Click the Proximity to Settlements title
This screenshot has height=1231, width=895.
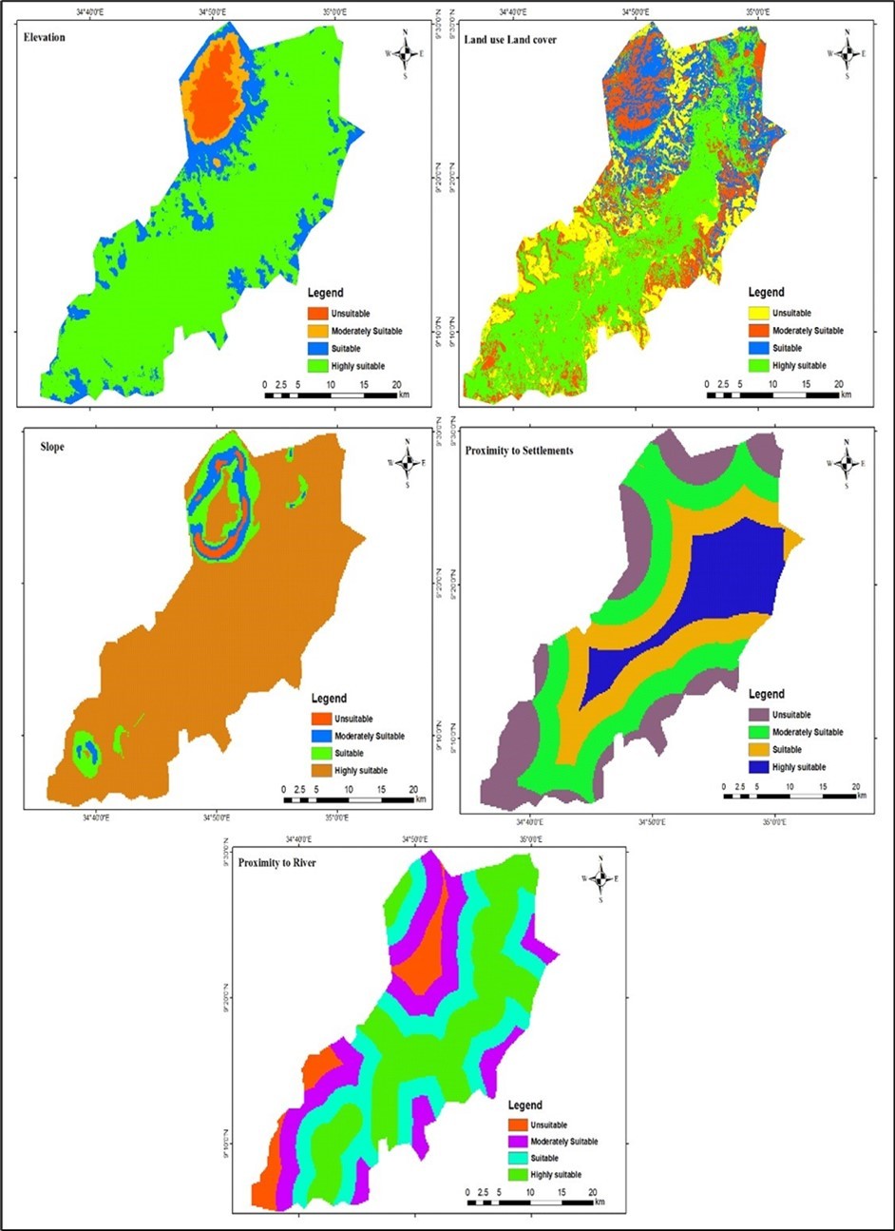click(x=519, y=451)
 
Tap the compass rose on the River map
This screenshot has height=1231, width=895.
click(x=600, y=878)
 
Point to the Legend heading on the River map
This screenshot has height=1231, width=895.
click(x=524, y=1106)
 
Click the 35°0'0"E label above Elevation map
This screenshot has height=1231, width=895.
click(x=333, y=12)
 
